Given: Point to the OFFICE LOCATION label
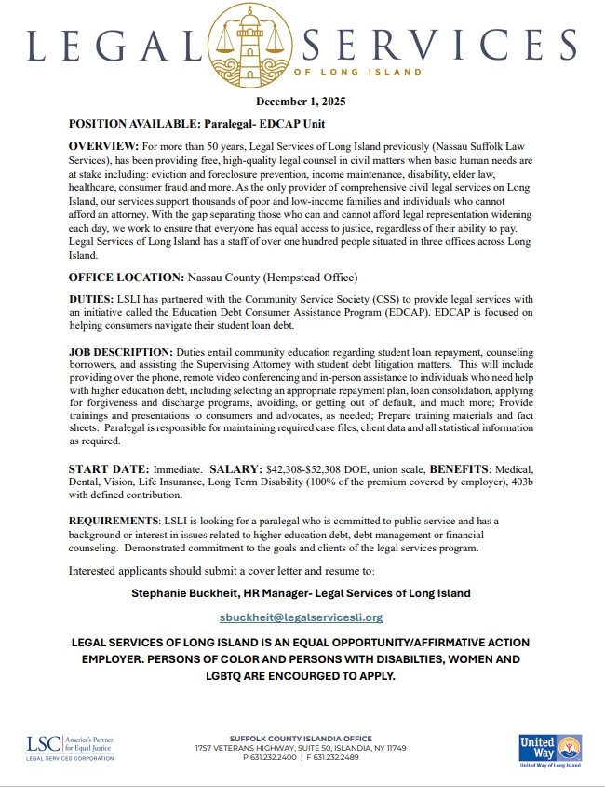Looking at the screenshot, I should click(126, 278).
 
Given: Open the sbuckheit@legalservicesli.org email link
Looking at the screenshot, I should click(302, 617).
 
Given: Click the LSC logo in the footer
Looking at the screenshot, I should click(71, 747).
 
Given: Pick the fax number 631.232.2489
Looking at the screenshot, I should click(336, 757).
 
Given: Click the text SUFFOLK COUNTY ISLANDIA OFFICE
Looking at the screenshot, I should click(302, 738).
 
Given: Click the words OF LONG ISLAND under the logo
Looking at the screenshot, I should click(357, 72).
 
